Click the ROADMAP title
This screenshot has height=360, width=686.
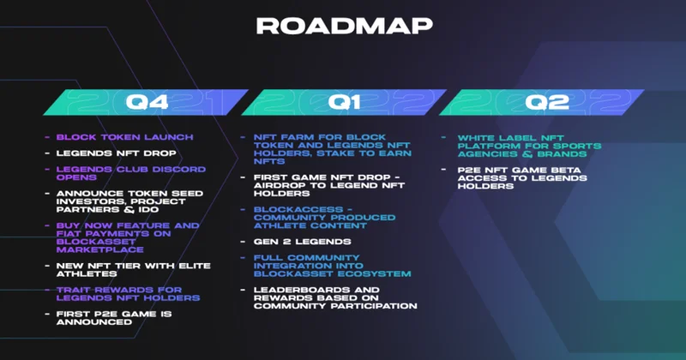pyautogui.click(x=345, y=26)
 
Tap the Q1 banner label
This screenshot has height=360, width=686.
pyautogui.click(x=344, y=102)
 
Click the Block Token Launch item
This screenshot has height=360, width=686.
pyautogui.click(x=124, y=137)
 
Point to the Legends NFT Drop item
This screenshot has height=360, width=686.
pyautogui.click(x=117, y=153)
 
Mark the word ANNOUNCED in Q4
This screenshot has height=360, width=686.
pyautogui.click(x=94, y=322)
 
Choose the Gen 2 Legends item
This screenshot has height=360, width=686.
pyautogui.click(x=303, y=242)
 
